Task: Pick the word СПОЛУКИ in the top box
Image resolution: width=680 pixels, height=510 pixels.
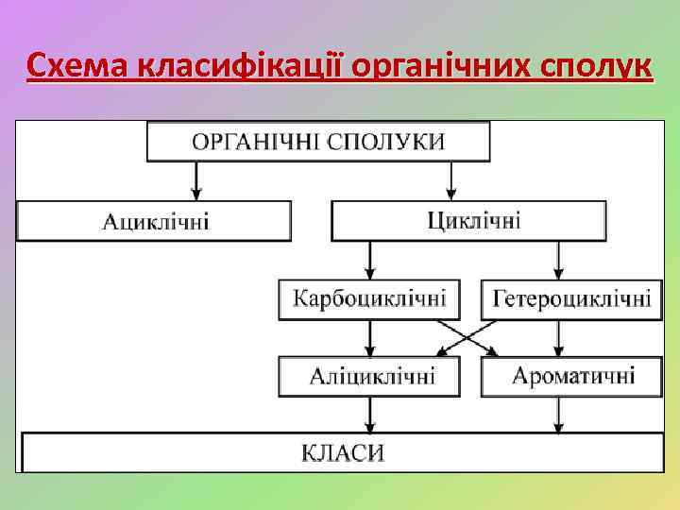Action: pos(387,142)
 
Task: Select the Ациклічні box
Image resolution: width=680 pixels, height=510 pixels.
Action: pos(154,221)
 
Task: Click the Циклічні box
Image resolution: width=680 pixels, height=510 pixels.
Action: pos(467,221)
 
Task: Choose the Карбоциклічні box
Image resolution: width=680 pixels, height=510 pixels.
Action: pos(369,299)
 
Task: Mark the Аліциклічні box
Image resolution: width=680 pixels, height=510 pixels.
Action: pos(369,376)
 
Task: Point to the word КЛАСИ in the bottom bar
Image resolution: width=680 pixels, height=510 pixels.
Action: pos(342,452)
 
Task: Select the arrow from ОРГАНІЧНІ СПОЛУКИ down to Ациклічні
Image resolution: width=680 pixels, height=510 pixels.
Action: pos(196,180)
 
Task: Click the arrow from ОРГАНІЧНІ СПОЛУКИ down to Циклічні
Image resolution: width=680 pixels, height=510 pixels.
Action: pos(451,180)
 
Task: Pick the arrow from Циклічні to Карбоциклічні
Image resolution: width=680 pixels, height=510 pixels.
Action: pos(369,259)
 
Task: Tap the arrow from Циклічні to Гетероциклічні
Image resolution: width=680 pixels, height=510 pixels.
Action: pos(558,259)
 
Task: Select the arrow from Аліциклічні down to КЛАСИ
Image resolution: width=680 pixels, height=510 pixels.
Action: pos(369,414)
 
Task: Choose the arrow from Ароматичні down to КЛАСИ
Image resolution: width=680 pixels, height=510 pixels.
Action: pos(558,414)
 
